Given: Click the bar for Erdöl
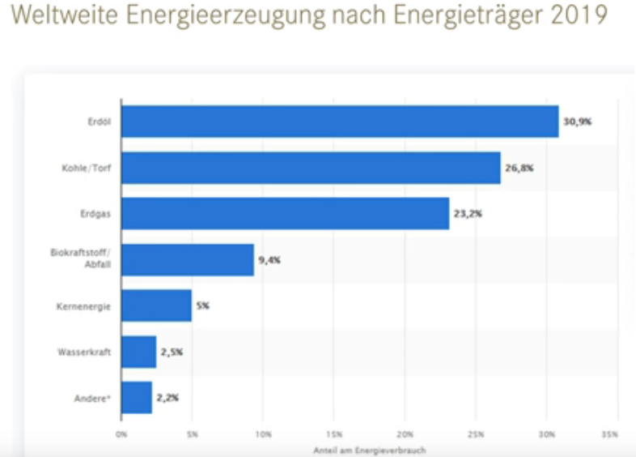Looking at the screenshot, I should point(340,122).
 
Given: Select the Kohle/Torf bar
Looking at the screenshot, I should point(311,168).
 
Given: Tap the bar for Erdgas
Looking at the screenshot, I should point(285,214).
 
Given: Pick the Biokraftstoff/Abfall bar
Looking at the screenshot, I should point(187,260).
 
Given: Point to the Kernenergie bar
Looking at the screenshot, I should point(156,306).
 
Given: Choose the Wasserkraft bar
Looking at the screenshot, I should point(138,352).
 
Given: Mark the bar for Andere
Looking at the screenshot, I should point(137,398).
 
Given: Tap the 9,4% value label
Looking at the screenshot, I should point(269,260).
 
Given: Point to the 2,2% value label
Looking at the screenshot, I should point(167,398).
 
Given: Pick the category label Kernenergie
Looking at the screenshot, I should point(85,306).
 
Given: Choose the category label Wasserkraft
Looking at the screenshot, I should point(84,352).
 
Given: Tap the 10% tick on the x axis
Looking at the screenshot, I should point(263,434).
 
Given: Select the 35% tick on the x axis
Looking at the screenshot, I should point(611,434).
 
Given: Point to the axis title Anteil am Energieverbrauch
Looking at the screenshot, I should point(371,449).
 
